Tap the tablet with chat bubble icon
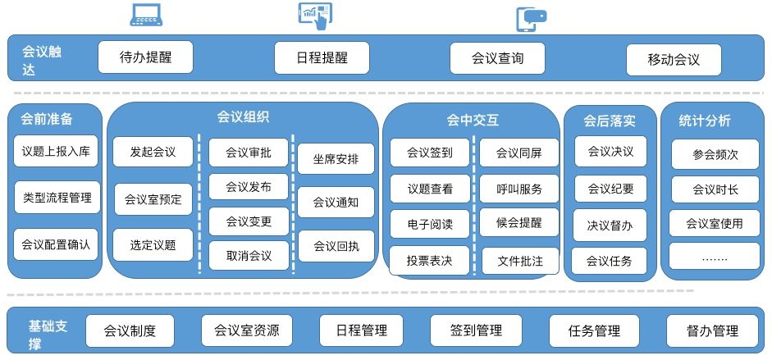coord(531,19)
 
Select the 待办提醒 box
coord(146,57)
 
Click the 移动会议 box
coord(674,60)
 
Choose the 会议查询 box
coord(497,58)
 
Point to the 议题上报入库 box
coord(56,151)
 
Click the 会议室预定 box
coord(153,199)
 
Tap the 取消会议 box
coord(249,256)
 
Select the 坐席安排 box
coord(336,159)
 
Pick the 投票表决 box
coord(429,261)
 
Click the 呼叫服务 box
coord(519,189)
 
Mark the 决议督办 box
coord(610,226)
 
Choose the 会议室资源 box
coord(247,330)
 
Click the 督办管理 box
coord(712,331)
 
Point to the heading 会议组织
coord(243,117)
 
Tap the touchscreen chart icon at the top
coord(315,16)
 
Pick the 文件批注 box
coord(520,261)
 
